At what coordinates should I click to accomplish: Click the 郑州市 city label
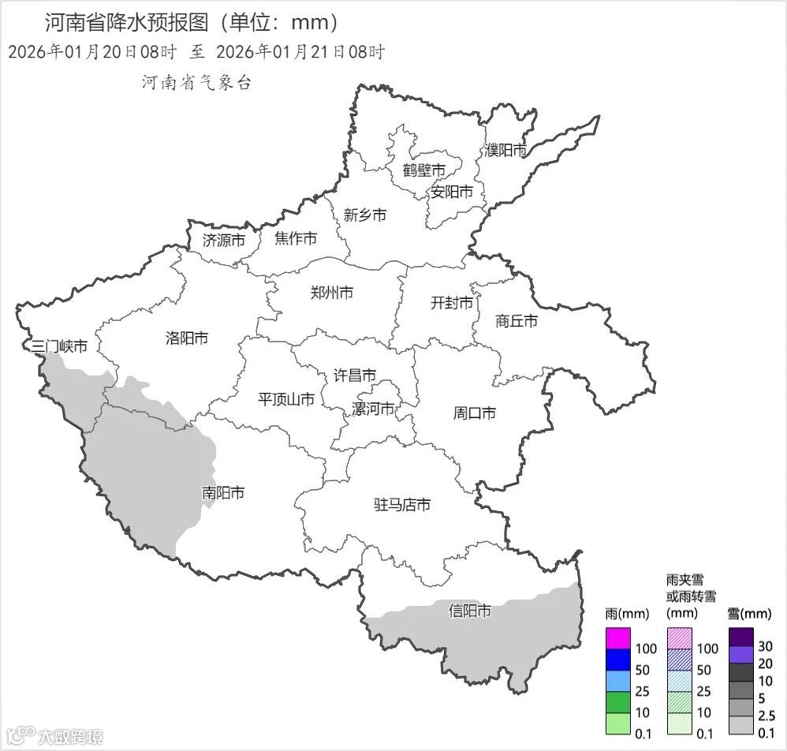pyautogui.click(x=332, y=293)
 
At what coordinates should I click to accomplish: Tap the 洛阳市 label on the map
pyautogui.click(x=187, y=338)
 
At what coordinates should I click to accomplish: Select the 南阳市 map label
pyautogui.click(x=223, y=493)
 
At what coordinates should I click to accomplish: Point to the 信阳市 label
pyautogui.click(x=470, y=611)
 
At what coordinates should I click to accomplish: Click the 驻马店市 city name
pyautogui.click(x=402, y=505)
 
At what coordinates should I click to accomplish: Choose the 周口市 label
pyautogui.click(x=475, y=413)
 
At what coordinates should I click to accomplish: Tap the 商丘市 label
pyautogui.click(x=517, y=321)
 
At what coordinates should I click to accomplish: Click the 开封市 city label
pyautogui.click(x=452, y=303)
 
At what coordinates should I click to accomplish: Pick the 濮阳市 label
pyautogui.click(x=505, y=150)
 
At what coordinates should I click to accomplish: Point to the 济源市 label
pyautogui.click(x=224, y=240)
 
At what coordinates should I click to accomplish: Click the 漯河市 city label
pyautogui.click(x=374, y=409)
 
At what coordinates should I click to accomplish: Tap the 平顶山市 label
pyautogui.click(x=286, y=399)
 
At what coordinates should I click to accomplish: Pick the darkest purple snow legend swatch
pyautogui.click(x=741, y=636)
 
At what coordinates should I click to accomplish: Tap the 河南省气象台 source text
pyautogui.click(x=196, y=83)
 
